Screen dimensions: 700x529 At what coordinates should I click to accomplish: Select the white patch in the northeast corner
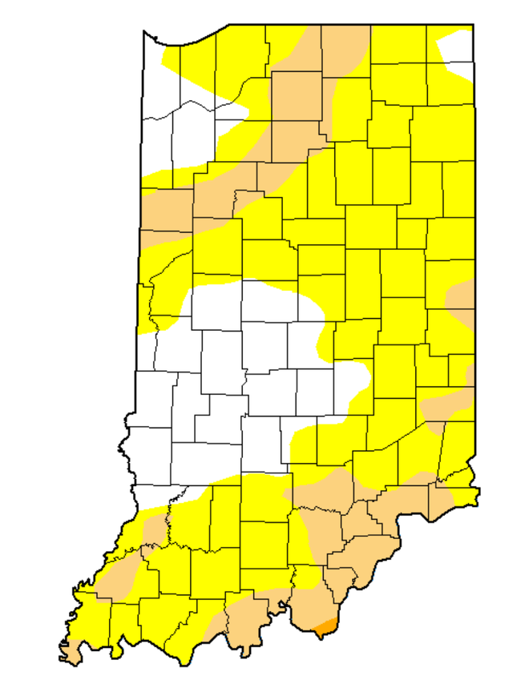point(457,52)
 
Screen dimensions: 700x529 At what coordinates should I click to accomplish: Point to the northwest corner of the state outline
point(144,32)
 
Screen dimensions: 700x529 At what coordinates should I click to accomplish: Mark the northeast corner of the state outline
point(473,26)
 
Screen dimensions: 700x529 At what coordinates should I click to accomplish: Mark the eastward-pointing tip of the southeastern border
point(479,493)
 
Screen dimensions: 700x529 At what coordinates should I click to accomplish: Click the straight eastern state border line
point(474,240)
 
